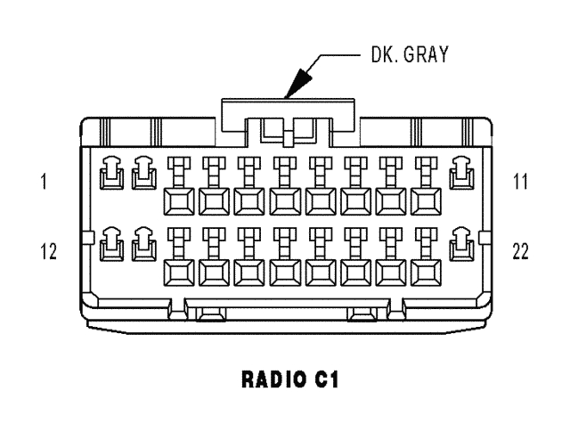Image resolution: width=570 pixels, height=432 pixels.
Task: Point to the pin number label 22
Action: (x=522, y=251)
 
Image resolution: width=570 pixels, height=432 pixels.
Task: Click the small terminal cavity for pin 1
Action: (x=110, y=174)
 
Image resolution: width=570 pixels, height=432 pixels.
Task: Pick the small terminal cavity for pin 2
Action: (x=142, y=174)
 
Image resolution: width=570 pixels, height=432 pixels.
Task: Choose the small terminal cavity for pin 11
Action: (x=460, y=174)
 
